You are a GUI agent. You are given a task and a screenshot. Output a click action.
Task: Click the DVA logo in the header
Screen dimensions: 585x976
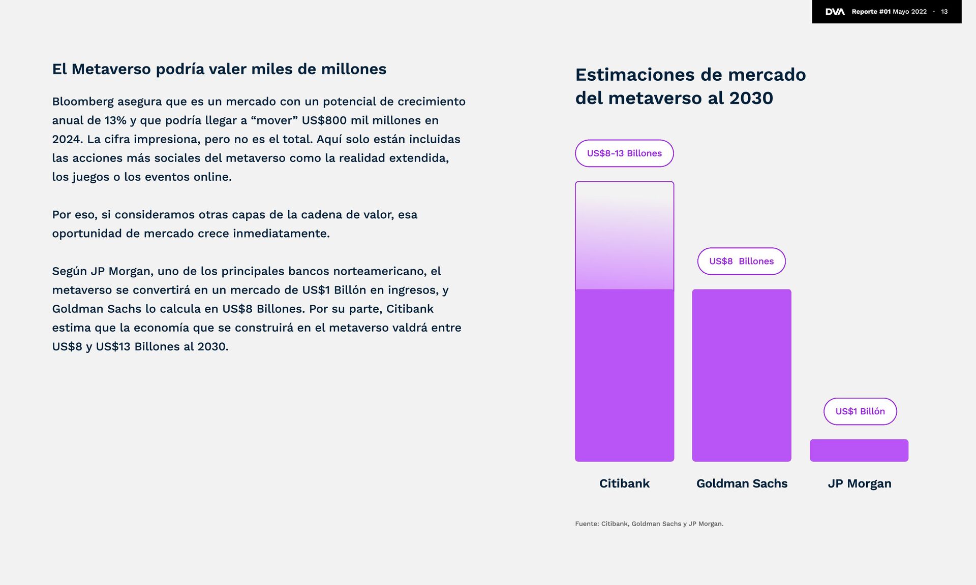(835, 12)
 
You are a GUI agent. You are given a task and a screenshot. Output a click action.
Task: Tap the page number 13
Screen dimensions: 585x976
(944, 12)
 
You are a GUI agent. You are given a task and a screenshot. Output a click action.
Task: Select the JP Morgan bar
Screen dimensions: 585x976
(859, 450)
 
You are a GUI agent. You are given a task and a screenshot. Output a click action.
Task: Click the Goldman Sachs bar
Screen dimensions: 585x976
(741, 375)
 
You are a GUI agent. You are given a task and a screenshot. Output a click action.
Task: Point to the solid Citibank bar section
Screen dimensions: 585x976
(624, 375)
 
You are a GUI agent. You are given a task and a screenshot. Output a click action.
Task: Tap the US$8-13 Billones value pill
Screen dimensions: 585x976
(624, 153)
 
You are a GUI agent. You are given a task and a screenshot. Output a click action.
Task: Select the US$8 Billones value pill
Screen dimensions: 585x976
(741, 262)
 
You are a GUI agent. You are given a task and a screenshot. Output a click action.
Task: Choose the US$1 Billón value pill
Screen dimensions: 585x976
(860, 411)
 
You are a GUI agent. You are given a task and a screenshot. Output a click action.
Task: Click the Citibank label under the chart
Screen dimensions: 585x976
(624, 483)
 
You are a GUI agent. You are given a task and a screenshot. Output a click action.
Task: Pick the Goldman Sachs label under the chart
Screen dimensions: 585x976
(742, 483)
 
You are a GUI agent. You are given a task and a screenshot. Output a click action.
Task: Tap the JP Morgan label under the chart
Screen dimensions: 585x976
(859, 483)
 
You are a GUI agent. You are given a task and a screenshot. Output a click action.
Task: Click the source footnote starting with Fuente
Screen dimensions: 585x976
(649, 524)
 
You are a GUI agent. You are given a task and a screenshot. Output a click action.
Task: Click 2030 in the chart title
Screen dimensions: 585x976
(751, 98)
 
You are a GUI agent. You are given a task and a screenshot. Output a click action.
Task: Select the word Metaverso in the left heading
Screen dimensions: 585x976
(111, 69)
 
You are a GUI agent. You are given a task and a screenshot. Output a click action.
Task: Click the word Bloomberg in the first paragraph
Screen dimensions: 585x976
(83, 102)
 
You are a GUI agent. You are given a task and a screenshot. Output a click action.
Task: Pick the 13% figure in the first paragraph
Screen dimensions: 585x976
(115, 120)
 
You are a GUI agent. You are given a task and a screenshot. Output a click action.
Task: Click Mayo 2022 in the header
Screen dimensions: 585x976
(909, 12)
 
